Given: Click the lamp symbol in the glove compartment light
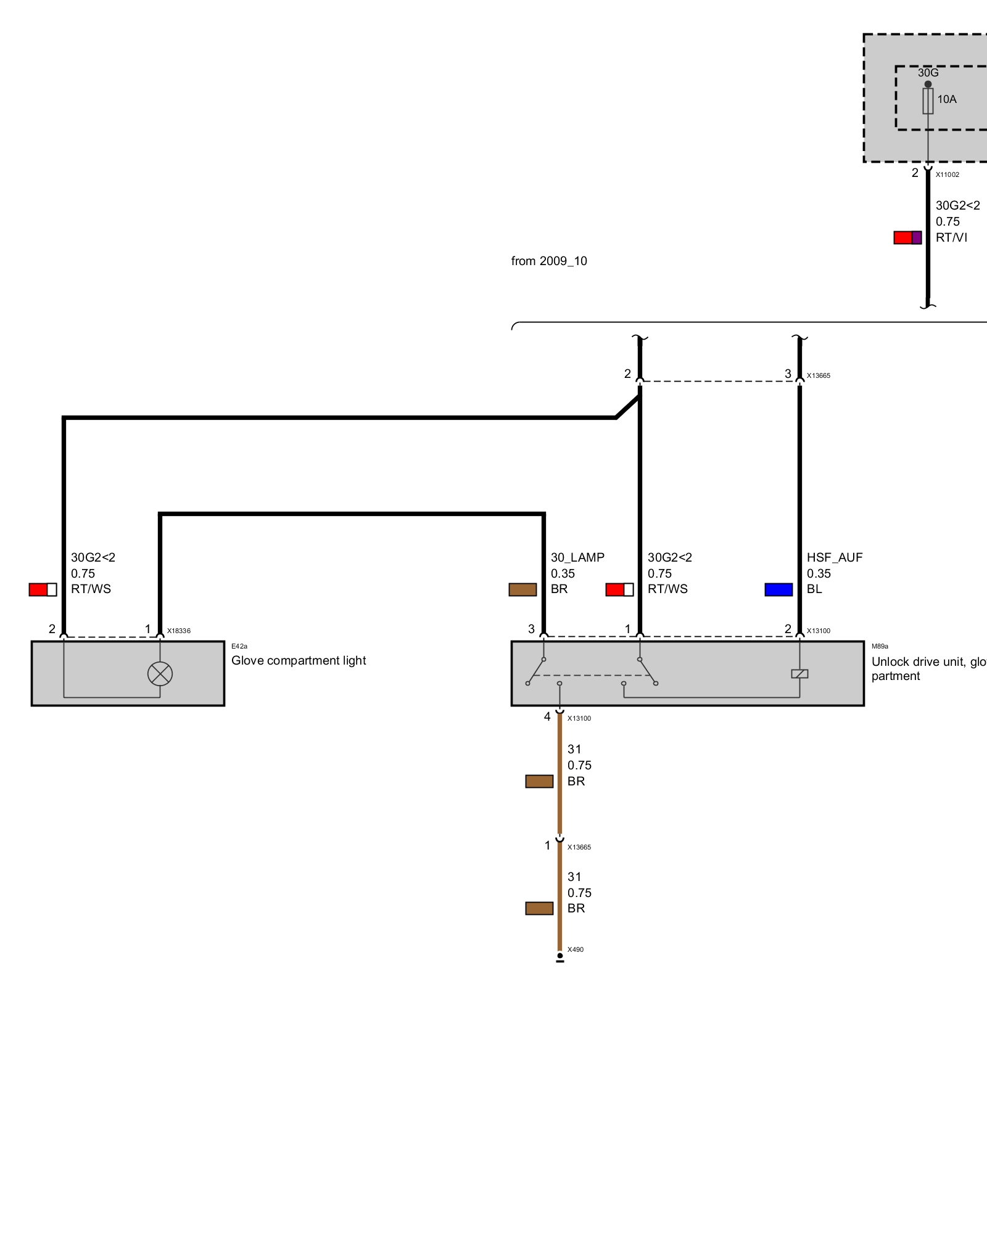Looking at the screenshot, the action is (160, 674).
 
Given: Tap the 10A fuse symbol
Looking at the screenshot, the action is (928, 101).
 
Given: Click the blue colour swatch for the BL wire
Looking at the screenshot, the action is (778, 589).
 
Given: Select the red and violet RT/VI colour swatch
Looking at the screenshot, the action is (907, 237).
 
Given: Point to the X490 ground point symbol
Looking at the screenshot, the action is (560, 957).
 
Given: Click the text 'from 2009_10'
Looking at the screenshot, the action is (549, 261).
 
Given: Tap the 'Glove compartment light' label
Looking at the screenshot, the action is (299, 660).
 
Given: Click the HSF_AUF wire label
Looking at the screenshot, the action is (835, 557).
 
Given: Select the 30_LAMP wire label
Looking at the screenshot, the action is (577, 557).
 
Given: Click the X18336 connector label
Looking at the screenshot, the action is (179, 631).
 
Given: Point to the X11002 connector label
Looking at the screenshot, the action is (948, 174).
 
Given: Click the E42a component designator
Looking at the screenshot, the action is (239, 646).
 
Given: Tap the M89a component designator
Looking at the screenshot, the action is (880, 646).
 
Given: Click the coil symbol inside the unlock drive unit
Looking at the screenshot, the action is (799, 674).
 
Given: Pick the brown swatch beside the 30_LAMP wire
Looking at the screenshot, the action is (522, 589).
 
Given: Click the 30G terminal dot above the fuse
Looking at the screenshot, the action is (928, 84).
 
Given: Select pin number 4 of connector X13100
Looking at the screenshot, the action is (547, 716).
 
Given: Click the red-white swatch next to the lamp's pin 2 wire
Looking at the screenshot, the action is (43, 589).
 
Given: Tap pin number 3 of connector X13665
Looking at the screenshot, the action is (788, 374).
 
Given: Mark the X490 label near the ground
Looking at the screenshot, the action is (576, 949).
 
